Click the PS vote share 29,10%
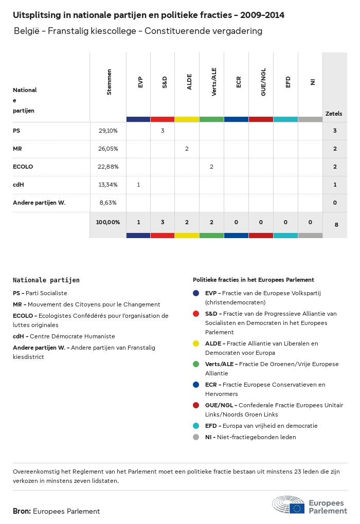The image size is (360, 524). (108, 131)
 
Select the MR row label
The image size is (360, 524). (17, 149)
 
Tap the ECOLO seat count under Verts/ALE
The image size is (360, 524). (211, 167)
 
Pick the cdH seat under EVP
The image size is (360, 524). (138, 185)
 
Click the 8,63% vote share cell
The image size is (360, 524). (108, 203)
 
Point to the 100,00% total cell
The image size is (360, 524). (108, 222)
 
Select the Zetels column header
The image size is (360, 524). (334, 114)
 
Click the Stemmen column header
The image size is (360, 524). (109, 82)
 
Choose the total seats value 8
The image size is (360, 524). (335, 224)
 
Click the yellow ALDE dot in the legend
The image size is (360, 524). (196, 344)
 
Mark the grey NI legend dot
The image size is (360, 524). (196, 437)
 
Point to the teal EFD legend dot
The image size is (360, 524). (196, 426)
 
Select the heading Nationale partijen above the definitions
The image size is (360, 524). (46, 280)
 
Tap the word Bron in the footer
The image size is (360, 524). (22, 511)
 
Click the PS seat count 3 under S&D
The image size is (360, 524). (163, 131)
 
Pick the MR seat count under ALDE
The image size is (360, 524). (187, 149)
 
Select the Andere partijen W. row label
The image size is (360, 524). (39, 203)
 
